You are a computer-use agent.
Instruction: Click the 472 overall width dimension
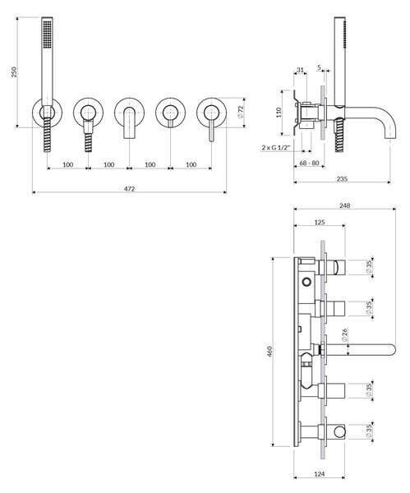tap(129, 189)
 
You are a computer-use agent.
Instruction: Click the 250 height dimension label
tap(14, 72)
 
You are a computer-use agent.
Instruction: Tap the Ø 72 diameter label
tap(241, 112)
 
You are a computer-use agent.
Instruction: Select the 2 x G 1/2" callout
tap(277, 147)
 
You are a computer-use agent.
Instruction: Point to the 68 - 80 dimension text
tap(310, 163)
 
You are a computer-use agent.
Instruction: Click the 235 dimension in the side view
tap(342, 178)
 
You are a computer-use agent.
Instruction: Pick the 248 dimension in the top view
tap(344, 205)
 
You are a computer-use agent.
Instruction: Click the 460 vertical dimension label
tap(269, 351)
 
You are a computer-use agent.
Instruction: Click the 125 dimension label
tap(320, 223)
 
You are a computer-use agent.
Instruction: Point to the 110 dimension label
tap(279, 113)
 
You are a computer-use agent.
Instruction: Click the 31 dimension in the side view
tap(300, 70)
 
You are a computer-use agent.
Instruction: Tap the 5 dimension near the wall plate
tap(320, 67)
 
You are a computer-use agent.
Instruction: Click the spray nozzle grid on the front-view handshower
tap(48, 35)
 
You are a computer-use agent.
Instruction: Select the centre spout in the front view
tap(129, 123)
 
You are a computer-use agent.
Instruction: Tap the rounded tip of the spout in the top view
tap(393, 350)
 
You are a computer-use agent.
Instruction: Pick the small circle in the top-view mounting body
tap(306, 281)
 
